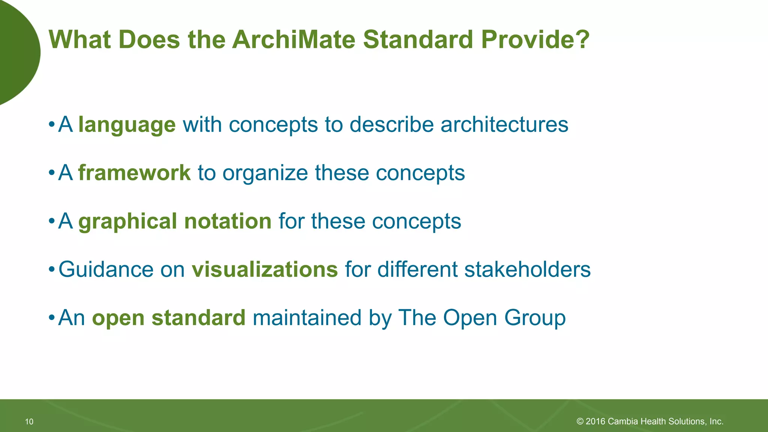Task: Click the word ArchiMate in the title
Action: click(x=293, y=39)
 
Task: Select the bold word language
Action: click(x=127, y=125)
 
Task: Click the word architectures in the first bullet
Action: click(x=504, y=125)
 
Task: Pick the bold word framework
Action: click(x=134, y=173)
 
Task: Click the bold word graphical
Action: click(x=127, y=221)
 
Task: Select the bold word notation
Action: click(x=228, y=221)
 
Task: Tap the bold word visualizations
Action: click(x=265, y=270)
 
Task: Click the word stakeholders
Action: click(x=527, y=270)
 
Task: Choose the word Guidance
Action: click(x=106, y=270)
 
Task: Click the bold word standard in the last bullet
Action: click(x=198, y=318)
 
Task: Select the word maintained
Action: click(x=307, y=318)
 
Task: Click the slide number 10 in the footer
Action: click(x=29, y=422)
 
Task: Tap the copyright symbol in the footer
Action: click(x=580, y=421)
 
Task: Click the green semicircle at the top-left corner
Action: click(x=17, y=52)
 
